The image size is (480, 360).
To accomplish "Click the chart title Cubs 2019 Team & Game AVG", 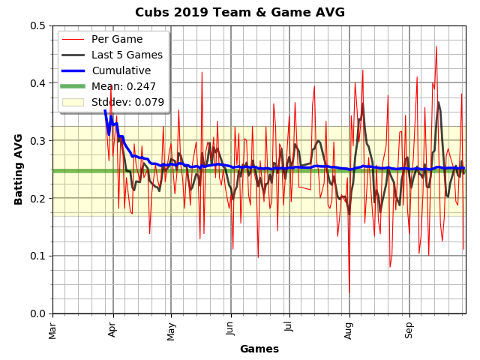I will pyautogui.click(x=240, y=13).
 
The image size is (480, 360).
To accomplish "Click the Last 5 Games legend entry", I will pyautogui.click(x=127, y=55).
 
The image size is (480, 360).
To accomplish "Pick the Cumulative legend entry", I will pyautogui.click(x=121, y=70).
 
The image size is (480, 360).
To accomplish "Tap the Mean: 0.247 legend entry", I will pyautogui.click(x=124, y=86).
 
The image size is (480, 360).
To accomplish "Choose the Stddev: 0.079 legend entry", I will pyautogui.click(x=127, y=102).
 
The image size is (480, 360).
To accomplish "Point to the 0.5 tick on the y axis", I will pyautogui.click(x=37, y=25).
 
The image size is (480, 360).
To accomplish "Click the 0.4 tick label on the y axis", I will pyautogui.click(x=37, y=83).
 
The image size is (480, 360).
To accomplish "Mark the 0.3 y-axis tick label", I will pyautogui.click(x=37, y=141).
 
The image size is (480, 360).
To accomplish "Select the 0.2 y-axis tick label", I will pyautogui.click(x=37, y=198).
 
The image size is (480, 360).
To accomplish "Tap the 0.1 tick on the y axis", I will pyautogui.click(x=37, y=256).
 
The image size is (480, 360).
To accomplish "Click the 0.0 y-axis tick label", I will pyautogui.click(x=37, y=313).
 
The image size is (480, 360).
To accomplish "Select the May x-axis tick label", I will pyautogui.click(x=171, y=329).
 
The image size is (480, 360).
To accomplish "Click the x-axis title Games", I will pyautogui.click(x=259, y=349).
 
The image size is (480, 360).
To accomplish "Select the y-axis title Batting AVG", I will pyautogui.click(x=19, y=169).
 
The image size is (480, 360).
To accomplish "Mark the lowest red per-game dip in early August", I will pyautogui.click(x=349, y=293).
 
